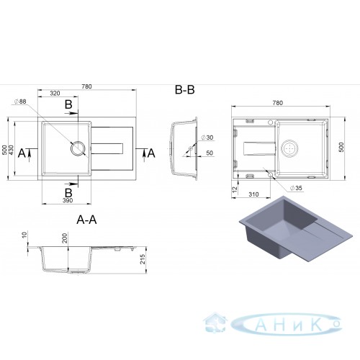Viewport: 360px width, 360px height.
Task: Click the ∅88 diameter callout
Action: click(20, 102)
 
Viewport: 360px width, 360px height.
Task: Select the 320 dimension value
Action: click(55, 94)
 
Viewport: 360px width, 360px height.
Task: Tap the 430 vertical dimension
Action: click(12, 150)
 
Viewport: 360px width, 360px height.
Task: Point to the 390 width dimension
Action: click(68, 200)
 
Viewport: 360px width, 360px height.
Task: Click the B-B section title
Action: click(184, 90)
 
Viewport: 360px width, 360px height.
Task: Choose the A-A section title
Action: click(86, 220)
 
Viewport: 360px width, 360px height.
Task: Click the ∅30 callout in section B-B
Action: click(207, 138)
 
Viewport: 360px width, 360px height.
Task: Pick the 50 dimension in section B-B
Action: click(210, 153)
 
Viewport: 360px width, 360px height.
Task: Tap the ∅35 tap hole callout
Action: click(296, 188)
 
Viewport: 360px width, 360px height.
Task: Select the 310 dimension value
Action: click(253, 194)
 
